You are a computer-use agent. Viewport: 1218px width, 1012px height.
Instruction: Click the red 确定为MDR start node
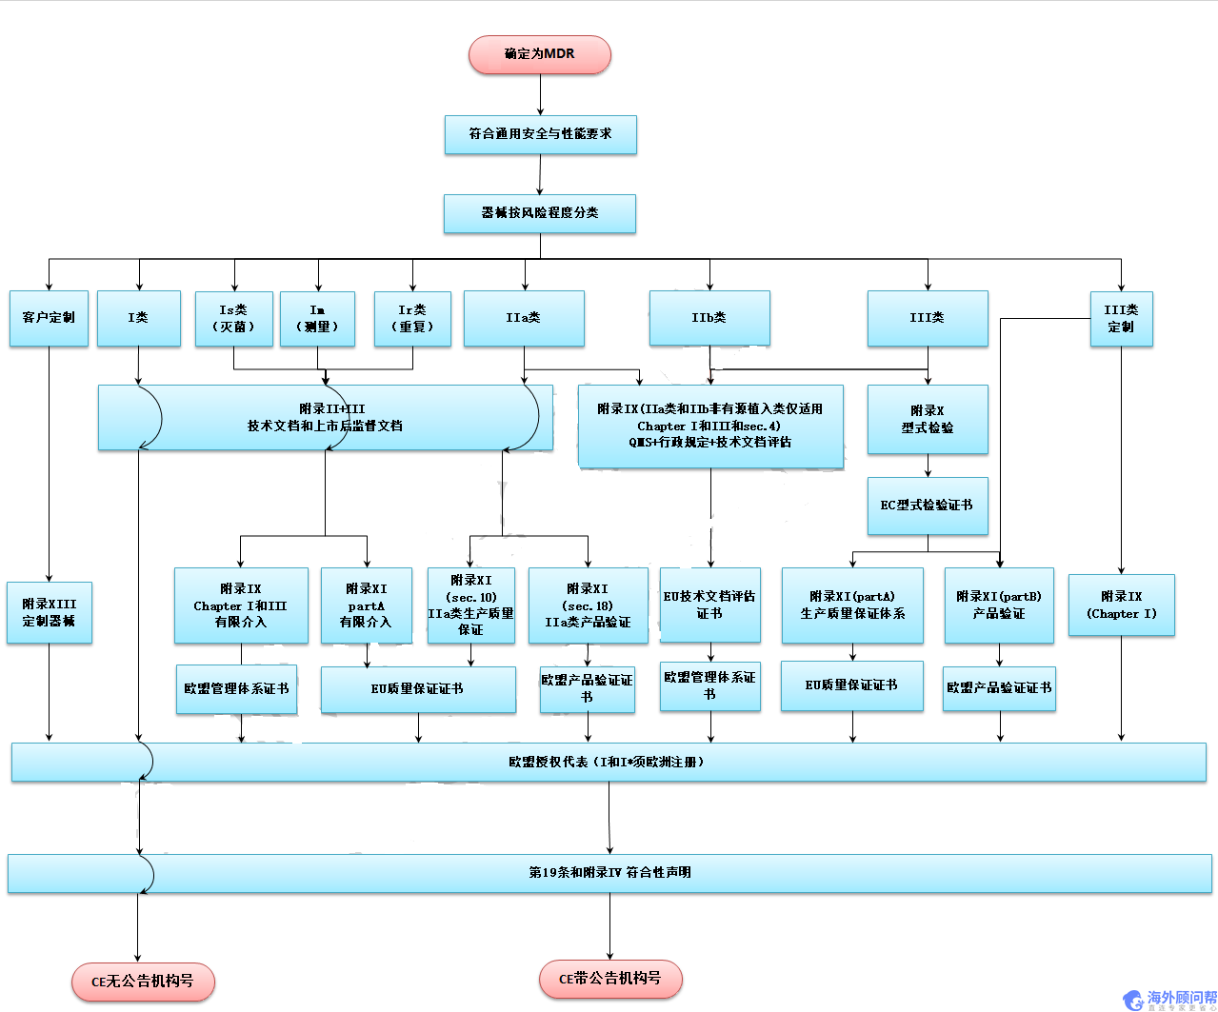pyautogui.click(x=539, y=54)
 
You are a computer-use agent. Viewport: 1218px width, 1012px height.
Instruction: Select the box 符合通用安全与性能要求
pyautogui.click(x=540, y=134)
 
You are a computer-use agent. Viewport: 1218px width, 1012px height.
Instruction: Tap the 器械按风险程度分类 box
pyautogui.click(x=539, y=213)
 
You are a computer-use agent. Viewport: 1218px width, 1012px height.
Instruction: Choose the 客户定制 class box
pyautogui.click(x=49, y=318)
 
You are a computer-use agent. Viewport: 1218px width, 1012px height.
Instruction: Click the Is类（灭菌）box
pyautogui.click(x=233, y=318)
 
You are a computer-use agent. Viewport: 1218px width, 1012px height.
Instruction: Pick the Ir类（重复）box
pyautogui.click(x=412, y=318)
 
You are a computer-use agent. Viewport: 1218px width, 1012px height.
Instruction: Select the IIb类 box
pyautogui.click(x=709, y=318)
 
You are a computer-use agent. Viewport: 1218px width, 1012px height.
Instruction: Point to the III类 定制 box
pyautogui.click(x=1121, y=318)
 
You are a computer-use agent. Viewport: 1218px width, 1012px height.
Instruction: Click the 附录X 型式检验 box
pyautogui.click(x=928, y=419)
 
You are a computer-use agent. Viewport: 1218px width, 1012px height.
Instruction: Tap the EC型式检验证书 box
pyautogui.click(x=928, y=506)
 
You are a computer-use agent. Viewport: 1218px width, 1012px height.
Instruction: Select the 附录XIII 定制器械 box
pyautogui.click(x=50, y=612)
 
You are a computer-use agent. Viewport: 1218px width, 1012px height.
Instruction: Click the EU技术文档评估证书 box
pyautogui.click(x=709, y=605)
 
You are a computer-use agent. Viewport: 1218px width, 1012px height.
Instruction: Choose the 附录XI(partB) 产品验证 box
pyautogui.click(x=999, y=605)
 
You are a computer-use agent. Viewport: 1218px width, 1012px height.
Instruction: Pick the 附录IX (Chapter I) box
pyautogui.click(x=1121, y=605)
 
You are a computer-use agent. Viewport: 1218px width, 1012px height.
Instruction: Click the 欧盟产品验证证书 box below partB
pyautogui.click(x=999, y=687)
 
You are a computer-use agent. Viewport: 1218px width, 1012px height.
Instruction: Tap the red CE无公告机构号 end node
pyautogui.click(x=143, y=982)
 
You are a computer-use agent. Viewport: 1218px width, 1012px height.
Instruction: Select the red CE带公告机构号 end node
pyautogui.click(x=610, y=979)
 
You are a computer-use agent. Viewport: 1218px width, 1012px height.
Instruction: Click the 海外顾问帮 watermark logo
pyautogui.click(x=1170, y=1000)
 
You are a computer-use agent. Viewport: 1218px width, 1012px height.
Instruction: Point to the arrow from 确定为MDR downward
pyautogui.click(x=540, y=95)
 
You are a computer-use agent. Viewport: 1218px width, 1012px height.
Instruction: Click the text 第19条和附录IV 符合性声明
pyautogui.click(x=609, y=873)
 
